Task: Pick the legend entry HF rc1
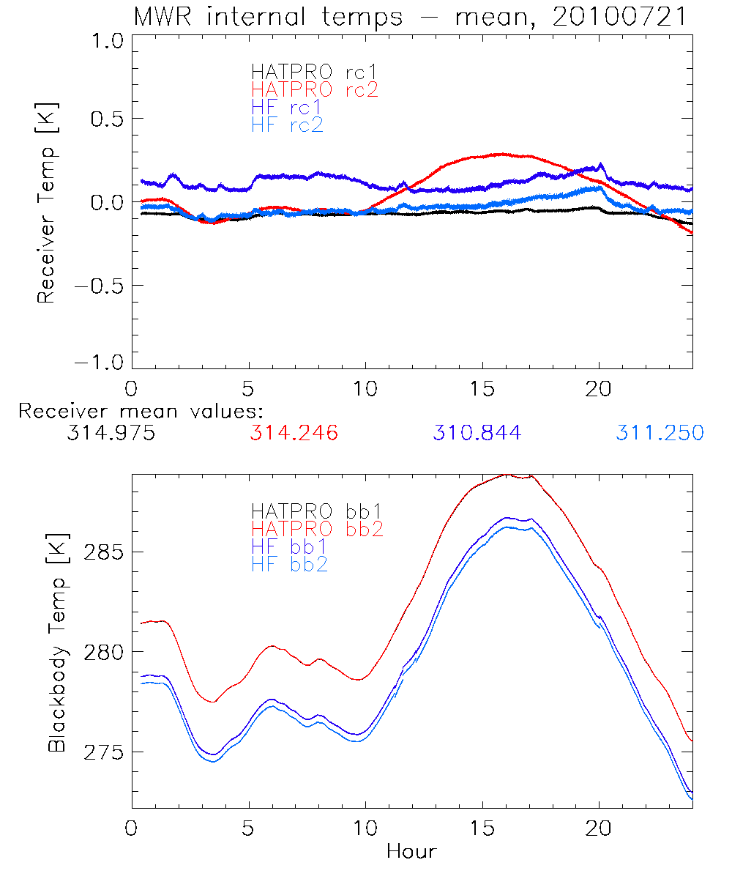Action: pos(287,108)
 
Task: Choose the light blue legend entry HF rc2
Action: pos(287,125)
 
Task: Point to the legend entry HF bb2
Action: pos(288,564)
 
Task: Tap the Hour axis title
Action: pos(411,851)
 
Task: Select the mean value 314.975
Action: pos(111,434)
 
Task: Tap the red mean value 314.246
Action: pos(294,434)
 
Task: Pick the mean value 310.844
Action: pos(477,434)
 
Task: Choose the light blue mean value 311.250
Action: pos(660,434)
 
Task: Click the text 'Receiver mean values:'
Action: pos(141,412)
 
